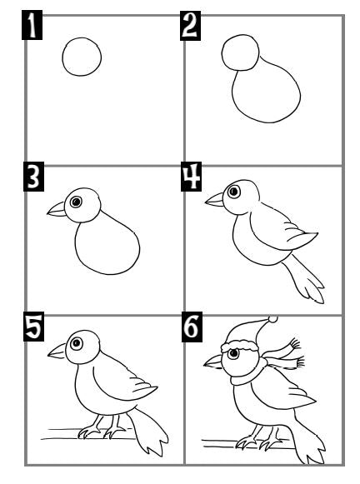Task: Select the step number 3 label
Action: click(34, 178)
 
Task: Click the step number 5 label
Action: click(34, 329)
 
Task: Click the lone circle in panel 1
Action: click(82, 57)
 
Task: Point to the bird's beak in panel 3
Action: click(56, 209)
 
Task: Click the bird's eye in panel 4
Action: click(232, 192)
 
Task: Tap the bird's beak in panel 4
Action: click(213, 199)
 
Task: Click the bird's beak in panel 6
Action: click(210, 362)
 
